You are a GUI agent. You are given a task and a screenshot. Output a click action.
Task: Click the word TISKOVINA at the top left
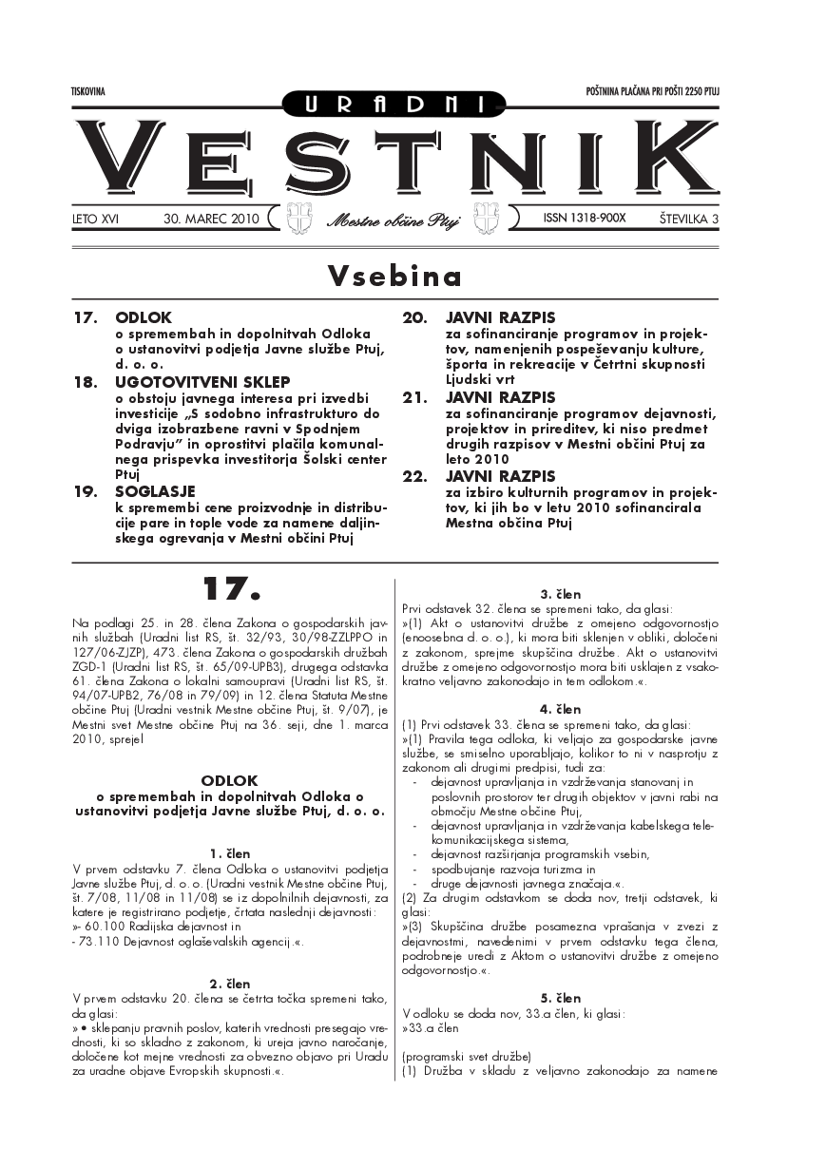(x=87, y=91)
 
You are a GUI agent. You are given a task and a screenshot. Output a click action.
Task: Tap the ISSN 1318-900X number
(x=585, y=218)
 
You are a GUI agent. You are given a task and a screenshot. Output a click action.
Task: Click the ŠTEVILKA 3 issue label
(x=688, y=219)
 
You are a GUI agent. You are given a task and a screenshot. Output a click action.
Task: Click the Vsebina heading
(x=394, y=276)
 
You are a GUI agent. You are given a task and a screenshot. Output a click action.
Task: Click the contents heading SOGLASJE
(x=155, y=491)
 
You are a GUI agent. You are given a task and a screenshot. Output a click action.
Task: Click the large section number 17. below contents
(x=229, y=589)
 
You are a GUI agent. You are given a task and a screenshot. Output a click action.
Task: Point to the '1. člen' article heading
(x=229, y=852)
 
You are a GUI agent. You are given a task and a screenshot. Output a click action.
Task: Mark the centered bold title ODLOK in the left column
(x=229, y=779)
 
